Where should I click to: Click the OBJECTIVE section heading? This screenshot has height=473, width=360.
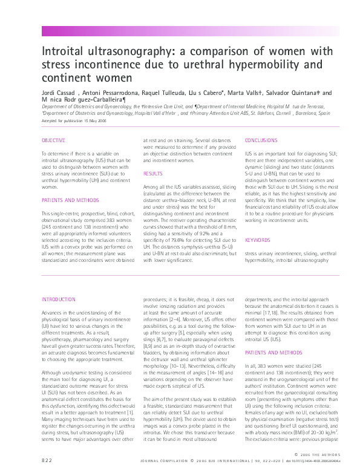pos(53,140)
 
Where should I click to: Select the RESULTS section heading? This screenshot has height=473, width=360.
pos(153,174)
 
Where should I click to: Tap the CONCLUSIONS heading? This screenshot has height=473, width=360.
pos(261,140)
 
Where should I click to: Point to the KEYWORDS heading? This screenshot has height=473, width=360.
pos(258,240)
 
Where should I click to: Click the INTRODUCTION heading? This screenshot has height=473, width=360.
pos(58,299)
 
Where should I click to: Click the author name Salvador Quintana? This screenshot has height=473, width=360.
pos(294,93)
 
